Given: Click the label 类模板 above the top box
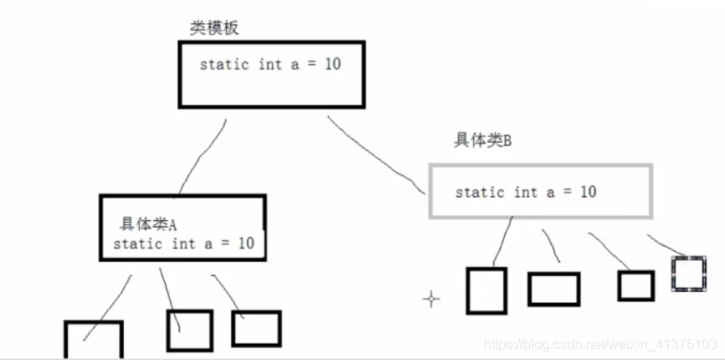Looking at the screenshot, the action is pyautogui.click(x=214, y=28).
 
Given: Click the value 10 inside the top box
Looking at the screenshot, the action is pyautogui.click(x=332, y=64).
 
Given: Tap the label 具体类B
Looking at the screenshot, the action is pyautogui.click(x=483, y=141).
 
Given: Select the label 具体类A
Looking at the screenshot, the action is pyautogui.click(x=148, y=224).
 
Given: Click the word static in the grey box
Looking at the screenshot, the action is pyautogui.click(x=479, y=192).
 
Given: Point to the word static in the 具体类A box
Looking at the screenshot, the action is pyautogui.click(x=137, y=243).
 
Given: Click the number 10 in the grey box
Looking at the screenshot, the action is pyautogui.click(x=588, y=191).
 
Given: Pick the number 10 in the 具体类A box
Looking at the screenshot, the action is pyautogui.click(x=246, y=243).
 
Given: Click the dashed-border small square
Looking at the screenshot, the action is pyautogui.click(x=689, y=273).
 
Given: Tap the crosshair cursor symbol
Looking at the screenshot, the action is pyautogui.click(x=431, y=299).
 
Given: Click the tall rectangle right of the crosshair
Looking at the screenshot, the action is pyautogui.click(x=486, y=290).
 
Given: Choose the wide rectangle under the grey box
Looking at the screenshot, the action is pyautogui.click(x=553, y=289).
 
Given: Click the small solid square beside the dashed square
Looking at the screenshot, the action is pyautogui.click(x=636, y=285).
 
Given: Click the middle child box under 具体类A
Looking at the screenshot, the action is pyautogui.click(x=189, y=330).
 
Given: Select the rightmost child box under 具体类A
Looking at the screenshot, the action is pyautogui.click(x=256, y=328).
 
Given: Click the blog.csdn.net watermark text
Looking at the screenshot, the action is pyautogui.click(x=601, y=344).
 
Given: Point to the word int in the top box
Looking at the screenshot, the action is pyautogui.click(x=270, y=64).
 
